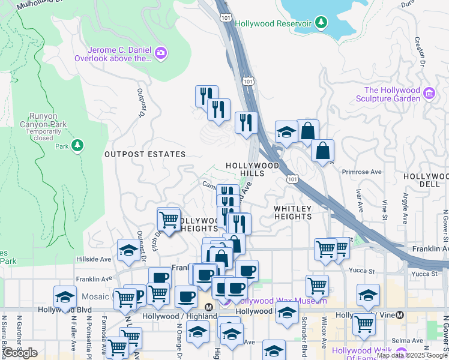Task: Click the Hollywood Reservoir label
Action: pos(273,23)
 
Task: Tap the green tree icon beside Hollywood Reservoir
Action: pos(322,23)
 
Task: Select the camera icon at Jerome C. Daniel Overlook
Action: pos(160,54)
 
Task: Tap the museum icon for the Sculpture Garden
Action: pos(429,93)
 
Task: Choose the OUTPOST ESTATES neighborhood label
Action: pos(145,154)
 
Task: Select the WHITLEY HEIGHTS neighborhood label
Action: pos(293,213)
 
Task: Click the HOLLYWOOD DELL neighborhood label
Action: pos(426,181)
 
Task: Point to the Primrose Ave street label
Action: pos(361,172)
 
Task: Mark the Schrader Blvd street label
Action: pos(304,342)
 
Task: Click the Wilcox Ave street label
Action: pos(324,342)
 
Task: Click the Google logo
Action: pos(20,353)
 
